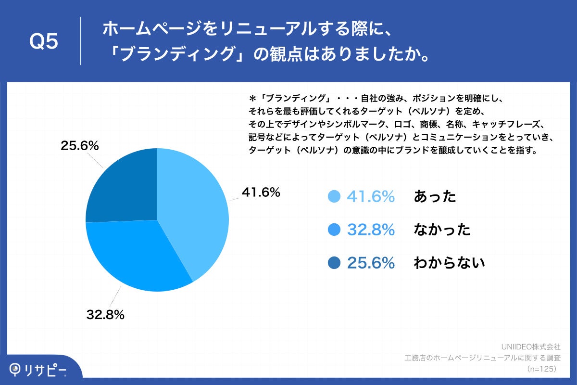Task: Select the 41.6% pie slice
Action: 195,212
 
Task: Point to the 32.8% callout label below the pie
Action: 105,315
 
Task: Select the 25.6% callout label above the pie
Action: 79,146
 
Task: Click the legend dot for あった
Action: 334,196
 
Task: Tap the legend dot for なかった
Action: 334,230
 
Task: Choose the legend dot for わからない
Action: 334,263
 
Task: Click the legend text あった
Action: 435,196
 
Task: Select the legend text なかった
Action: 442,230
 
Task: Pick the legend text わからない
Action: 449,263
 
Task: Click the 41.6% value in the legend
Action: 371,196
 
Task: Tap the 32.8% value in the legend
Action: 371,230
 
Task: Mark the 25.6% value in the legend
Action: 371,263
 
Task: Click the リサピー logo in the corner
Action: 38,369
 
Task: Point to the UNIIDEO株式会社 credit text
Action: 530,346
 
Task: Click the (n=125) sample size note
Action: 541,369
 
